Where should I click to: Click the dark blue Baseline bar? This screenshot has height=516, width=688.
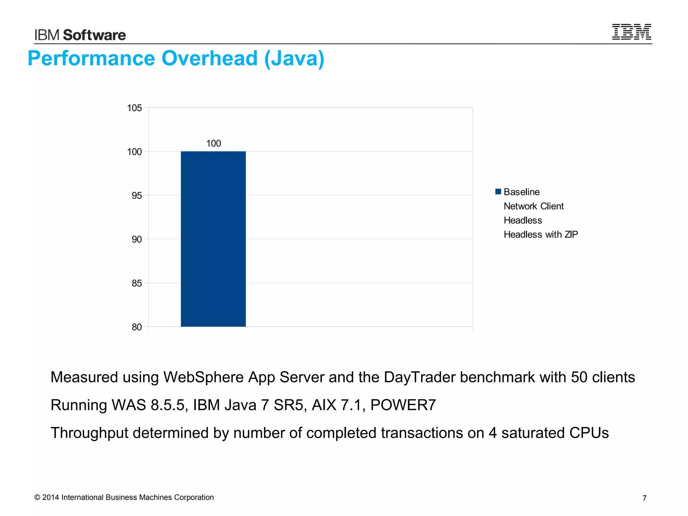pyautogui.click(x=213, y=239)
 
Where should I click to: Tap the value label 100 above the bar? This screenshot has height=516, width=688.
pyautogui.click(x=213, y=143)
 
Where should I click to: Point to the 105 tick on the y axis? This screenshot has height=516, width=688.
pyautogui.click(x=134, y=108)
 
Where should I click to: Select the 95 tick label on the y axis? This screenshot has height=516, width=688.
pyautogui.click(x=137, y=196)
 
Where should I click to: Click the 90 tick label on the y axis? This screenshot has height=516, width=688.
pyautogui.click(x=137, y=240)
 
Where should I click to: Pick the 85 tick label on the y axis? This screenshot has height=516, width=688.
pyautogui.click(x=137, y=283)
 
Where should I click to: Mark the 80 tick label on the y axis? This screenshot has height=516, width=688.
pyautogui.click(x=137, y=327)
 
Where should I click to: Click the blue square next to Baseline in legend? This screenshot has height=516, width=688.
pyautogui.click(x=498, y=192)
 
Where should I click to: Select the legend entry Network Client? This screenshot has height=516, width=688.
pyautogui.click(x=533, y=206)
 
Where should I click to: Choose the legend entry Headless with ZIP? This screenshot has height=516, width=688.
pyautogui.click(x=541, y=234)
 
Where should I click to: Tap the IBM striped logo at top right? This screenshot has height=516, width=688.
pyautogui.click(x=632, y=32)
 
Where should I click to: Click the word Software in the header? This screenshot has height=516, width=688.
pyautogui.click(x=94, y=35)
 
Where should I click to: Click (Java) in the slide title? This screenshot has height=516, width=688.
pyautogui.click(x=294, y=58)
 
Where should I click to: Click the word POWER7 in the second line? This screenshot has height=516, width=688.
pyautogui.click(x=403, y=405)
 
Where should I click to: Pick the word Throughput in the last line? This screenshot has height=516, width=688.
pyautogui.click(x=89, y=433)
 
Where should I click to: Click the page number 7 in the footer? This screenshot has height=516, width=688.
pyautogui.click(x=644, y=498)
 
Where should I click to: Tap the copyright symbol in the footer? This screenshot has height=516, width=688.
pyautogui.click(x=37, y=498)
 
